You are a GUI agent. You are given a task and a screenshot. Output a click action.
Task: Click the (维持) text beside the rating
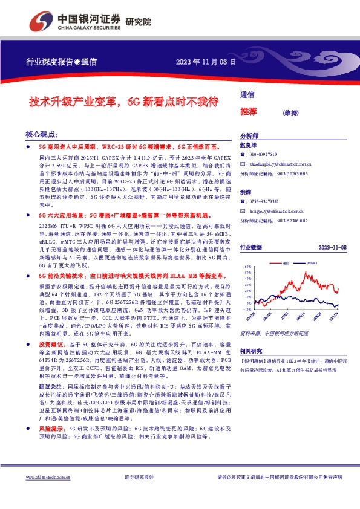coord(274,112)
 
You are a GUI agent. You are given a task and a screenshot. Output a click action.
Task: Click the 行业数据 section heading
coord(251,248)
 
